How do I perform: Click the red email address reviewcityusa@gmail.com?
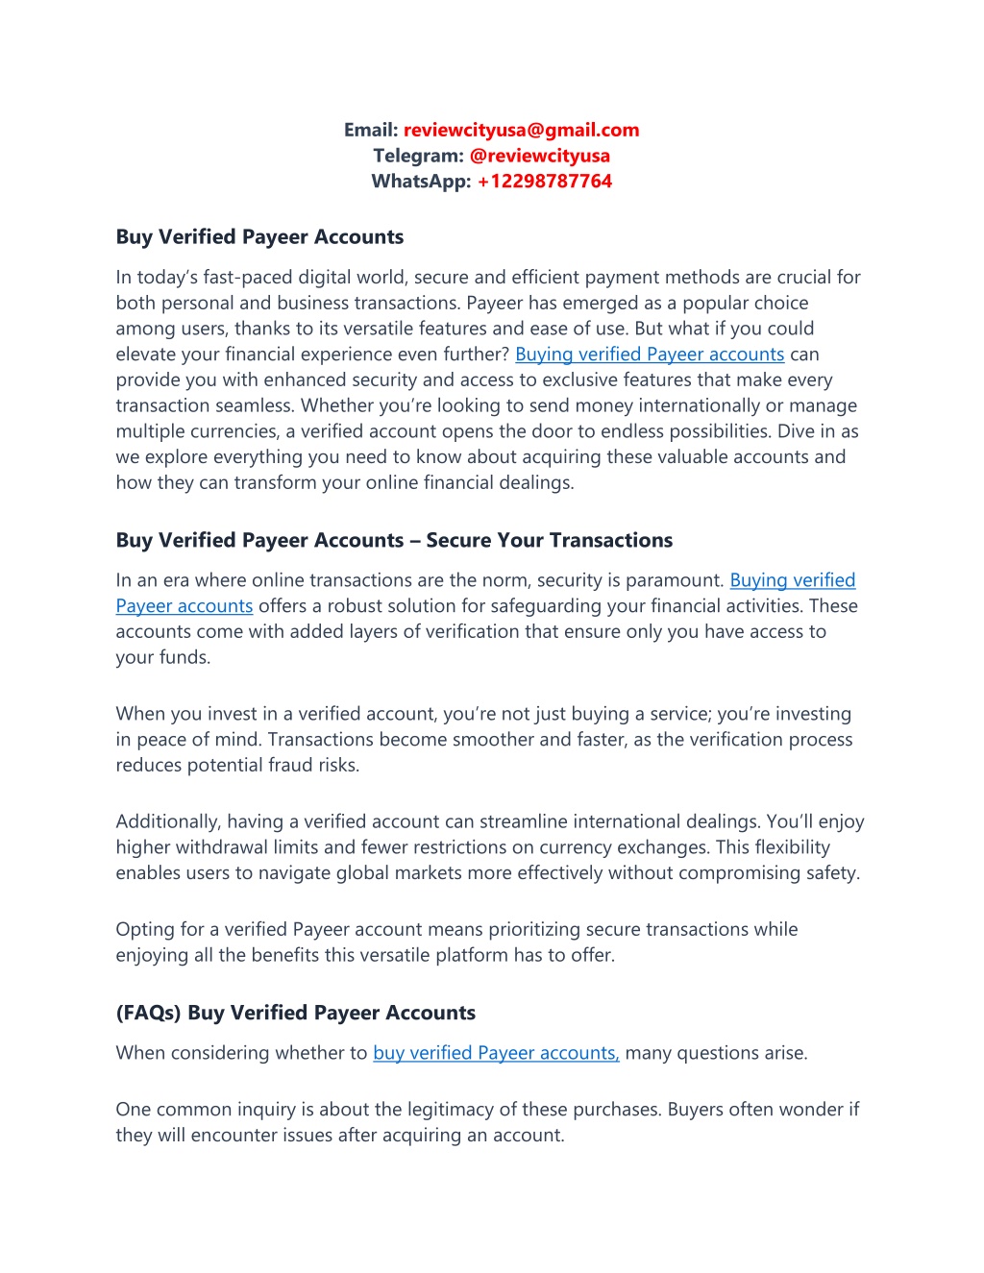point(521,130)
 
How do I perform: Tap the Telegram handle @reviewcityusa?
point(539,156)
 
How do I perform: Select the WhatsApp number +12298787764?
point(544,181)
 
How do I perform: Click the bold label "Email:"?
point(371,130)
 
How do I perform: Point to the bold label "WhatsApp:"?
point(421,181)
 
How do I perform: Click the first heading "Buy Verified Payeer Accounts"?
point(259,237)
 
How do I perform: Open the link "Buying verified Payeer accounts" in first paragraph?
point(650,355)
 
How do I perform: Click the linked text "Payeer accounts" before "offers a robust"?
point(184,606)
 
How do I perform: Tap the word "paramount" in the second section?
point(675,580)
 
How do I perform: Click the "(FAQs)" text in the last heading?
point(148,1013)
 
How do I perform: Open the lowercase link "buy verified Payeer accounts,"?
point(496,1053)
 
